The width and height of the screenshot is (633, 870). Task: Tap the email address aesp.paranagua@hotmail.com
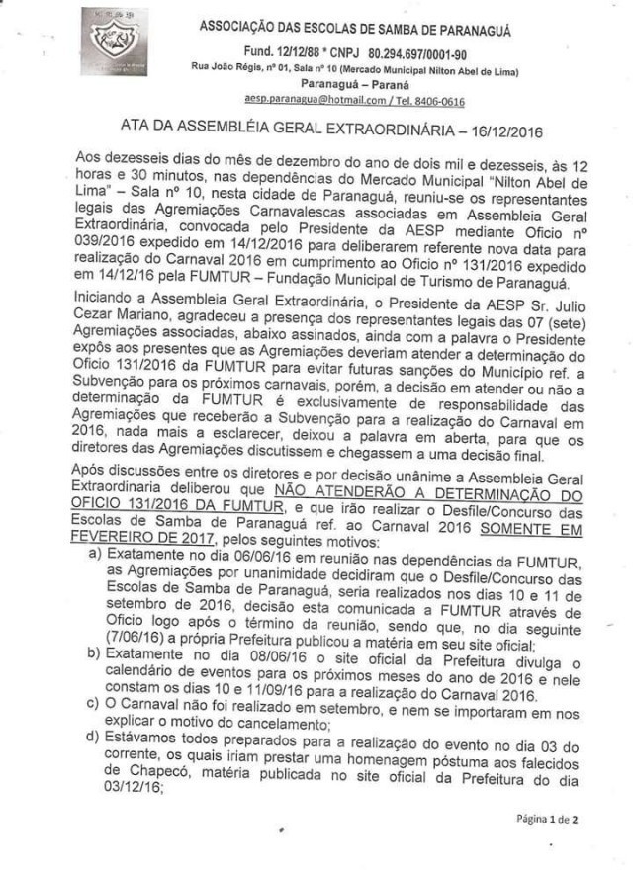[x=306, y=101]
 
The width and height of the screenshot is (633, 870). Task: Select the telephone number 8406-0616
[x=441, y=101]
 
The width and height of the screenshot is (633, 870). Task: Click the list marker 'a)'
[x=94, y=557]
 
